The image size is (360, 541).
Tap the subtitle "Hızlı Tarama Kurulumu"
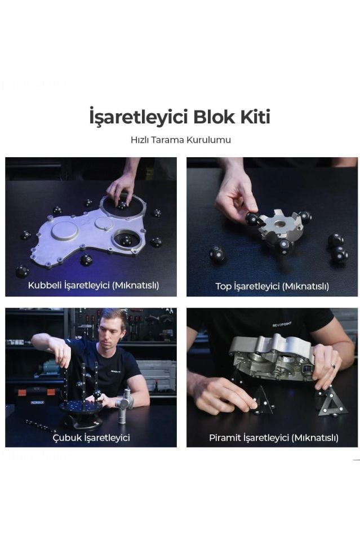pyautogui.click(x=180, y=140)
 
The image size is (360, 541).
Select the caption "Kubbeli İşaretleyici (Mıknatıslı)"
pyautogui.click(x=94, y=285)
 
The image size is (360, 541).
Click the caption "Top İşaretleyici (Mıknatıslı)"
pyautogui.click(x=272, y=286)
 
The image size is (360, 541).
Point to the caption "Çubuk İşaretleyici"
pyautogui.click(x=91, y=437)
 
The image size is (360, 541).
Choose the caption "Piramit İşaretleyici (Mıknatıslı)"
pyautogui.click(x=274, y=437)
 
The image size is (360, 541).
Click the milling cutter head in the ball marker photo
pyautogui.click(x=279, y=226)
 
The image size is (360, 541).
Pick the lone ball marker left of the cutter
pyautogui.click(x=217, y=254)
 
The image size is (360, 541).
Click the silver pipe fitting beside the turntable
pyautogui.click(x=123, y=405)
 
